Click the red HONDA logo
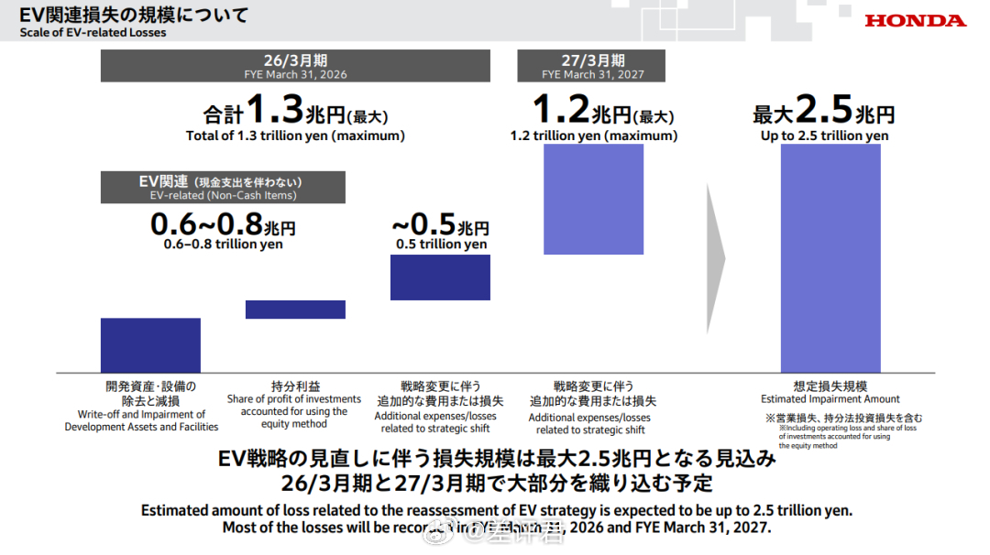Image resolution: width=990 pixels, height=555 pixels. (x=915, y=20)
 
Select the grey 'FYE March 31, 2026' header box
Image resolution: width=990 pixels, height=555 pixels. (x=295, y=66)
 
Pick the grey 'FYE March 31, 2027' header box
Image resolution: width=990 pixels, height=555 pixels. (x=591, y=66)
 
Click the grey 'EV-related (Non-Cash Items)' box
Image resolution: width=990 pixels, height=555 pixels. (x=223, y=188)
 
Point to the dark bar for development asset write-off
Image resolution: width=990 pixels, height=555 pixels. (x=150, y=344)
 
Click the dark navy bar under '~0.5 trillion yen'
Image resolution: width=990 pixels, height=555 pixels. (x=440, y=277)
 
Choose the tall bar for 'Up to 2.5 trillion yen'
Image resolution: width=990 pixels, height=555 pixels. (x=830, y=257)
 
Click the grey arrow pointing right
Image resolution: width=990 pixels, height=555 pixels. (x=716, y=258)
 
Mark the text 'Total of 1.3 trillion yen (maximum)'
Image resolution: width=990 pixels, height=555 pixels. (x=295, y=136)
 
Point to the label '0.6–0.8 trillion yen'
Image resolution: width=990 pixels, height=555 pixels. (x=223, y=245)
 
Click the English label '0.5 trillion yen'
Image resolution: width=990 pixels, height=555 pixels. (x=441, y=245)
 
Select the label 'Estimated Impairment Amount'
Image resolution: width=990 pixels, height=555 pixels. (x=830, y=399)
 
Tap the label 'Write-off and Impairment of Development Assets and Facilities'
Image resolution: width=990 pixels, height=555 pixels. (x=141, y=420)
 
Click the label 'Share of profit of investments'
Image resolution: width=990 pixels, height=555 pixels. (x=294, y=398)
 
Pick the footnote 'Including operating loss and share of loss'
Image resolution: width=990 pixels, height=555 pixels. (x=847, y=428)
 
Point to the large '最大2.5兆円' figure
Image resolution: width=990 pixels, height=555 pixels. (x=823, y=114)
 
